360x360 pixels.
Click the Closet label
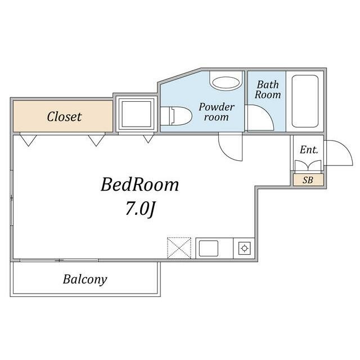point(64,116)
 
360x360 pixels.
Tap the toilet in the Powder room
point(176,116)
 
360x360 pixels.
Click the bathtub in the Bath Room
point(305,101)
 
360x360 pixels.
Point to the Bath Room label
point(268,89)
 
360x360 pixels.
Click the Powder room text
point(216,112)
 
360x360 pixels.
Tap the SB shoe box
point(308,180)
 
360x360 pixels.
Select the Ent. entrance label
point(309,150)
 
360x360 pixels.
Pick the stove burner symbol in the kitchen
point(244,248)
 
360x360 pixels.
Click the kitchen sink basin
point(209,248)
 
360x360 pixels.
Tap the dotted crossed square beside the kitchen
point(179,248)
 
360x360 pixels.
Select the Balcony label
point(85,280)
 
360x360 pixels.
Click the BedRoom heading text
point(139,184)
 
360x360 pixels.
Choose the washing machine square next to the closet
point(136,114)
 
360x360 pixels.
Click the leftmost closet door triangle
point(28,140)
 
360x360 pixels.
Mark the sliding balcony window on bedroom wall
point(59,260)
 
